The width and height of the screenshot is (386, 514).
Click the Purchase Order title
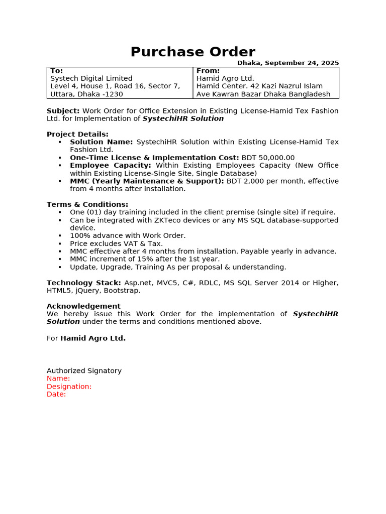click(x=193, y=52)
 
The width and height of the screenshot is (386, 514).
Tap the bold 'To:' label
click(x=57, y=71)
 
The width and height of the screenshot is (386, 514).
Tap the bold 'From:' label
click(x=208, y=71)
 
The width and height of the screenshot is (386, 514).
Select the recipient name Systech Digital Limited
click(x=91, y=78)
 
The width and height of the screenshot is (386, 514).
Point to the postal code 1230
click(x=115, y=94)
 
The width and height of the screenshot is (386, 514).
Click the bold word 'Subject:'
click(x=63, y=110)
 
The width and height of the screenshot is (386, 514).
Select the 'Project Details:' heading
click(x=77, y=134)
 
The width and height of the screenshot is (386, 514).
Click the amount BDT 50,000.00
click(x=268, y=158)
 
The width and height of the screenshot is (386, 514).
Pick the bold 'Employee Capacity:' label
click(x=111, y=165)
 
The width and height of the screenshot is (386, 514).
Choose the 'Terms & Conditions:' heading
click(x=87, y=204)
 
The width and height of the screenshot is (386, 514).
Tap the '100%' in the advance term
click(x=79, y=235)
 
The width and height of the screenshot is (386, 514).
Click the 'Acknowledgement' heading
click(x=83, y=306)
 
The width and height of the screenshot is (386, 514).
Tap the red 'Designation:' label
click(x=69, y=387)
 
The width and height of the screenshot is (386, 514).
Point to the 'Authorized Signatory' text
click(x=84, y=370)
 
